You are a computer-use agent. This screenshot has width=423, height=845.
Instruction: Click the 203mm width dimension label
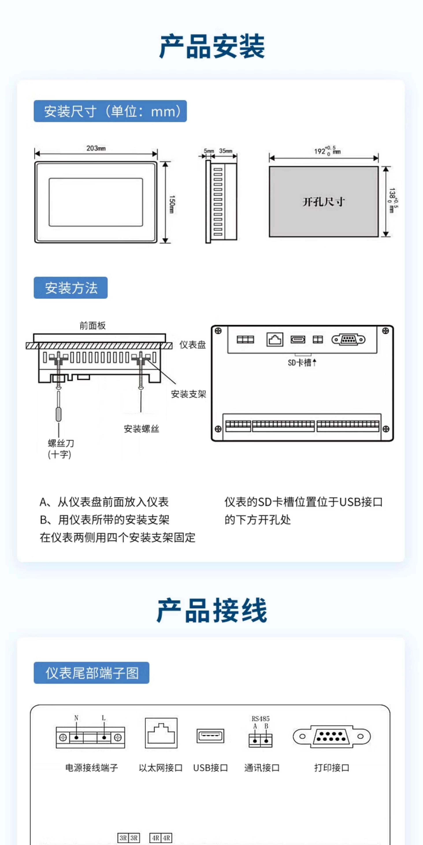pyautogui.click(x=96, y=148)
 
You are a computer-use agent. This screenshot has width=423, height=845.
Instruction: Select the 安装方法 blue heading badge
pyautogui.click(x=70, y=288)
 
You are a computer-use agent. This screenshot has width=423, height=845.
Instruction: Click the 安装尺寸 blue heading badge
pyautogui.click(x=110, y=111)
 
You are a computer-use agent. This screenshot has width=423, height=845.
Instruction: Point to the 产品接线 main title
pyautogui.click(x=212, y=610)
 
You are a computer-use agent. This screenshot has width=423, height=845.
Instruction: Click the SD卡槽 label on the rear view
pyautogui.click(x=300, y=362)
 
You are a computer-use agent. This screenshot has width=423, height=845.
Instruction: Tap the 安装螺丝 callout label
pyautogui.click(x=141, y=429)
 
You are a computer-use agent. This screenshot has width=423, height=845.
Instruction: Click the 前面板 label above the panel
pyautogui.click(x=93, y=325)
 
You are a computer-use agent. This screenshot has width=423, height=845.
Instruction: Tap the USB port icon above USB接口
pyautogui.click(x=210, y=735)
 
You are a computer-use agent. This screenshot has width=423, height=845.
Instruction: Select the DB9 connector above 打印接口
pyautogui.click(x=331, y=736)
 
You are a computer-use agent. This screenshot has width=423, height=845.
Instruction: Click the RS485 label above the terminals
pyautogui.click(x=260, y=718)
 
